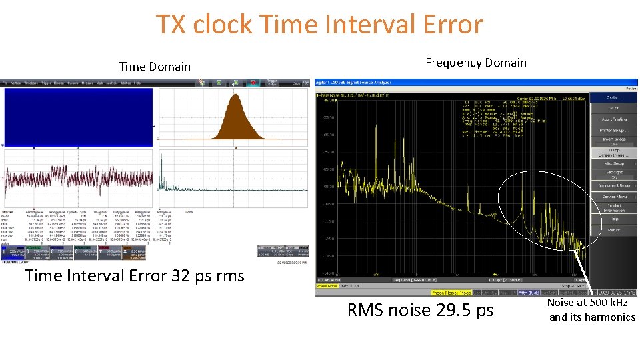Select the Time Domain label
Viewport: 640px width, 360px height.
tap(155, 67)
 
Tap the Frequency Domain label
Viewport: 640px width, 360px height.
tap(475, 63)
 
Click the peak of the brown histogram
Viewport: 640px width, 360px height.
tap(234, 96)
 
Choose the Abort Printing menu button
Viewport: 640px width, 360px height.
tap(614, 119)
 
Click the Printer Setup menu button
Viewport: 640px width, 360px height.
tap(614, 130)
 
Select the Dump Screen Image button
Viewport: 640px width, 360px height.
tap(614, 152)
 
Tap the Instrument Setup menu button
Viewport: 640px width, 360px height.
tap(614, 185)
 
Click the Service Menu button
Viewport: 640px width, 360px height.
tap(614, 197)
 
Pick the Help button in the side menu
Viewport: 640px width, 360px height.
tap(614, 219)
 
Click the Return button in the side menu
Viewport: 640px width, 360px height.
tap(614, 230)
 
